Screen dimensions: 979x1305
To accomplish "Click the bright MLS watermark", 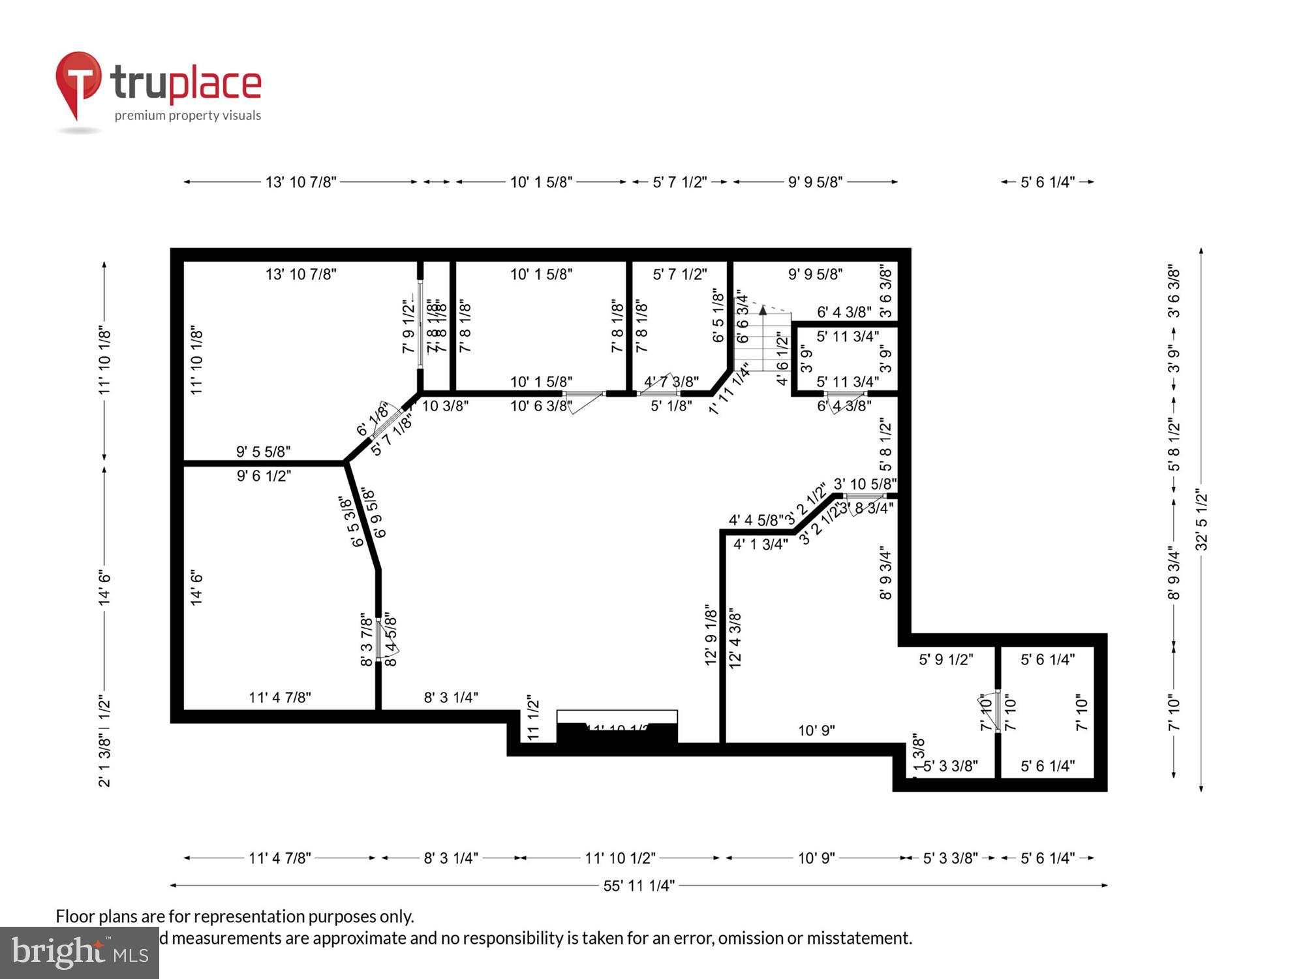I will click(80, 953).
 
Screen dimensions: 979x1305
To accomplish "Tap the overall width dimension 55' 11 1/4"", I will click(638, 886).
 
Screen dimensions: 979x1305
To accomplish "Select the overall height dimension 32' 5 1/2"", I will click(1201, 520).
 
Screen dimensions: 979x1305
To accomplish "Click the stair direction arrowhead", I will click(763, 309).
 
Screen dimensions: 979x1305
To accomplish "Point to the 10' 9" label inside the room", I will click(816, 730).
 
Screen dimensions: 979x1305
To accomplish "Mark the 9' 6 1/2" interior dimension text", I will click(264, 476).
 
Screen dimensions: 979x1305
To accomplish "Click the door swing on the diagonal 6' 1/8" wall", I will click(386, 422).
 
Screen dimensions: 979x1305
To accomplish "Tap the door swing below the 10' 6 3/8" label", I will click(584, 401).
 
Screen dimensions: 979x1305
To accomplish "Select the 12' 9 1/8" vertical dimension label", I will click(711, 634).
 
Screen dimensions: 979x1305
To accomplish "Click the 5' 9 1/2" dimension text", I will click(945, 660).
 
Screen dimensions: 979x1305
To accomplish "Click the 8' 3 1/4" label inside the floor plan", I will click(451, 697).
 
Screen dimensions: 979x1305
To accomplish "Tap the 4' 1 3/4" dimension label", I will click(760, 544).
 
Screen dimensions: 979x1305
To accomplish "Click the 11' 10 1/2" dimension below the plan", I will click(620, 858).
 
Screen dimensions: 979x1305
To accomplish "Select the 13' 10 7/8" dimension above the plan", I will click(300, 182).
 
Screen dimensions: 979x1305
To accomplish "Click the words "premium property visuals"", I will click(188, 116).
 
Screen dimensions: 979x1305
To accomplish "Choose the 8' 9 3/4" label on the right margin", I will click(1174, 573).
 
